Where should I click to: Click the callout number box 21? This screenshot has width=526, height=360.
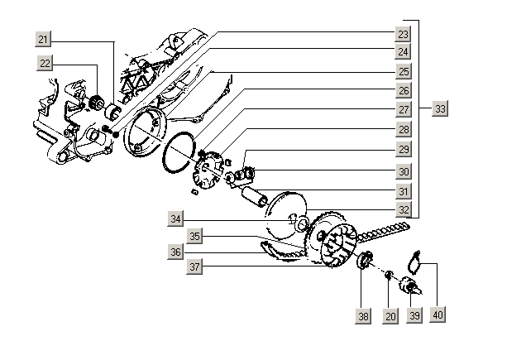click(44, 38)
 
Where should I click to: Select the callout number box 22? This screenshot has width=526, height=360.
click(44, 63)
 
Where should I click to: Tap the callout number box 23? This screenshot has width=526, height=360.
click(402, 34)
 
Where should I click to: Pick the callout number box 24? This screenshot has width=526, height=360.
click(402, 51)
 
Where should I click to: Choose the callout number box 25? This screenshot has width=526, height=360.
click(402, 71)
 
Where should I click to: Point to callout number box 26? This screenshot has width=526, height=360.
click(402, 90)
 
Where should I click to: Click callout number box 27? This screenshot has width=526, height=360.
click(402, 109)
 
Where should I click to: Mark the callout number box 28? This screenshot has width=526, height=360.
click(402, 130)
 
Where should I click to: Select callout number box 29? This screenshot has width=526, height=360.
click(402, 150)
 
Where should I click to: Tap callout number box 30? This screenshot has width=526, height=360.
click(402, 170)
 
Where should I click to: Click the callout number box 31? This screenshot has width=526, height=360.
click(402, 191)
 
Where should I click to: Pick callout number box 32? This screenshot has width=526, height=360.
click(402, 209)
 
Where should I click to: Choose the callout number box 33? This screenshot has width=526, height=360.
click(440, 109)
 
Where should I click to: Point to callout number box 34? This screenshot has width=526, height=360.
click(175, 219)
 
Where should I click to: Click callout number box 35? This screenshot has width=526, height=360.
click(194, 235)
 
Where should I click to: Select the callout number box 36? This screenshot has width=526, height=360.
click(175, 251)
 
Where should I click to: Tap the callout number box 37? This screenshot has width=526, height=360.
click(194, 266)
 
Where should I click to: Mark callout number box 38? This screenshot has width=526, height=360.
click(362, 315)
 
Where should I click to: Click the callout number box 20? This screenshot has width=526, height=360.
click(390, 315)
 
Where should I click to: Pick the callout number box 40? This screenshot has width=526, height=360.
click(438, 315)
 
